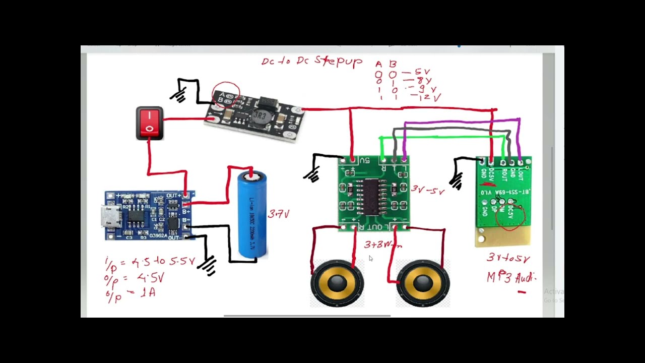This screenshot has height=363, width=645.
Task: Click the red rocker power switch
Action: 150,123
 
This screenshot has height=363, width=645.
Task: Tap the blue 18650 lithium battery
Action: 252,214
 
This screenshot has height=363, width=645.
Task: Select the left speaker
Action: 337,283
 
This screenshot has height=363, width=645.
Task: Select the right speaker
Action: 422,283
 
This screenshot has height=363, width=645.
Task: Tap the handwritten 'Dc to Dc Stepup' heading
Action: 311,62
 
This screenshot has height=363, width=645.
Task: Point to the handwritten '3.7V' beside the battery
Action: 279,214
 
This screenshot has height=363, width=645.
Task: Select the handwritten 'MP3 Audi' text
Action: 510,277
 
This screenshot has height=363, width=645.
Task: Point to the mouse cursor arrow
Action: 370,258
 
